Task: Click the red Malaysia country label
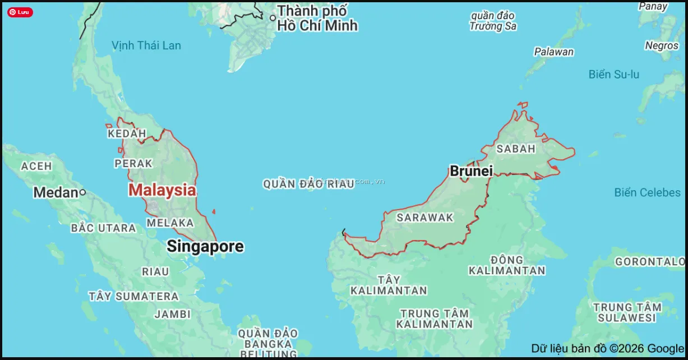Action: pyautogui.click(x=162, y=190)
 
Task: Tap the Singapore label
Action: pyautogui.click(x=205, y=246)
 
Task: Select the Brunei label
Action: pyautogui.click(x=471, y=171)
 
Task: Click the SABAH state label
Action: pyautogui.click(x=516, y=149)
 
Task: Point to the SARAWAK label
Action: pyautogui.click(x=424, y=218)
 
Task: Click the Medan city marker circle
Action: pyautogui.click(x=82, y=192)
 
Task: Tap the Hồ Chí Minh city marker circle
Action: pyautogui.click(x=273, y=18)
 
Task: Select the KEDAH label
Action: pyautogui.click(x=127, y=133)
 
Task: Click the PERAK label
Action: pyautogui.click(x=133, y=164)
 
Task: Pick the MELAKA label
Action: pyautogui.click(x=170, y=223)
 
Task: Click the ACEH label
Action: pyautogui.click(x=36, y=166)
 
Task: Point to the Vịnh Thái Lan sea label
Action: pyautogui.click(x=146, y=45)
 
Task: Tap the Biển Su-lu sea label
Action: pyautogui.click(x=613, y=75)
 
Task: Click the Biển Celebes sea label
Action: pyautogui.click(x=647, y=193)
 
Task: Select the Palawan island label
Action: pyautogui.click(x=553, y=52)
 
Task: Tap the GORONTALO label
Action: pyautogui.click(x=650, y=262)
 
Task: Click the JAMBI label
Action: pyautogui.click(x=173, y=314)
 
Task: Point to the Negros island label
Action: pyautogui.click(x=662, y=45)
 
